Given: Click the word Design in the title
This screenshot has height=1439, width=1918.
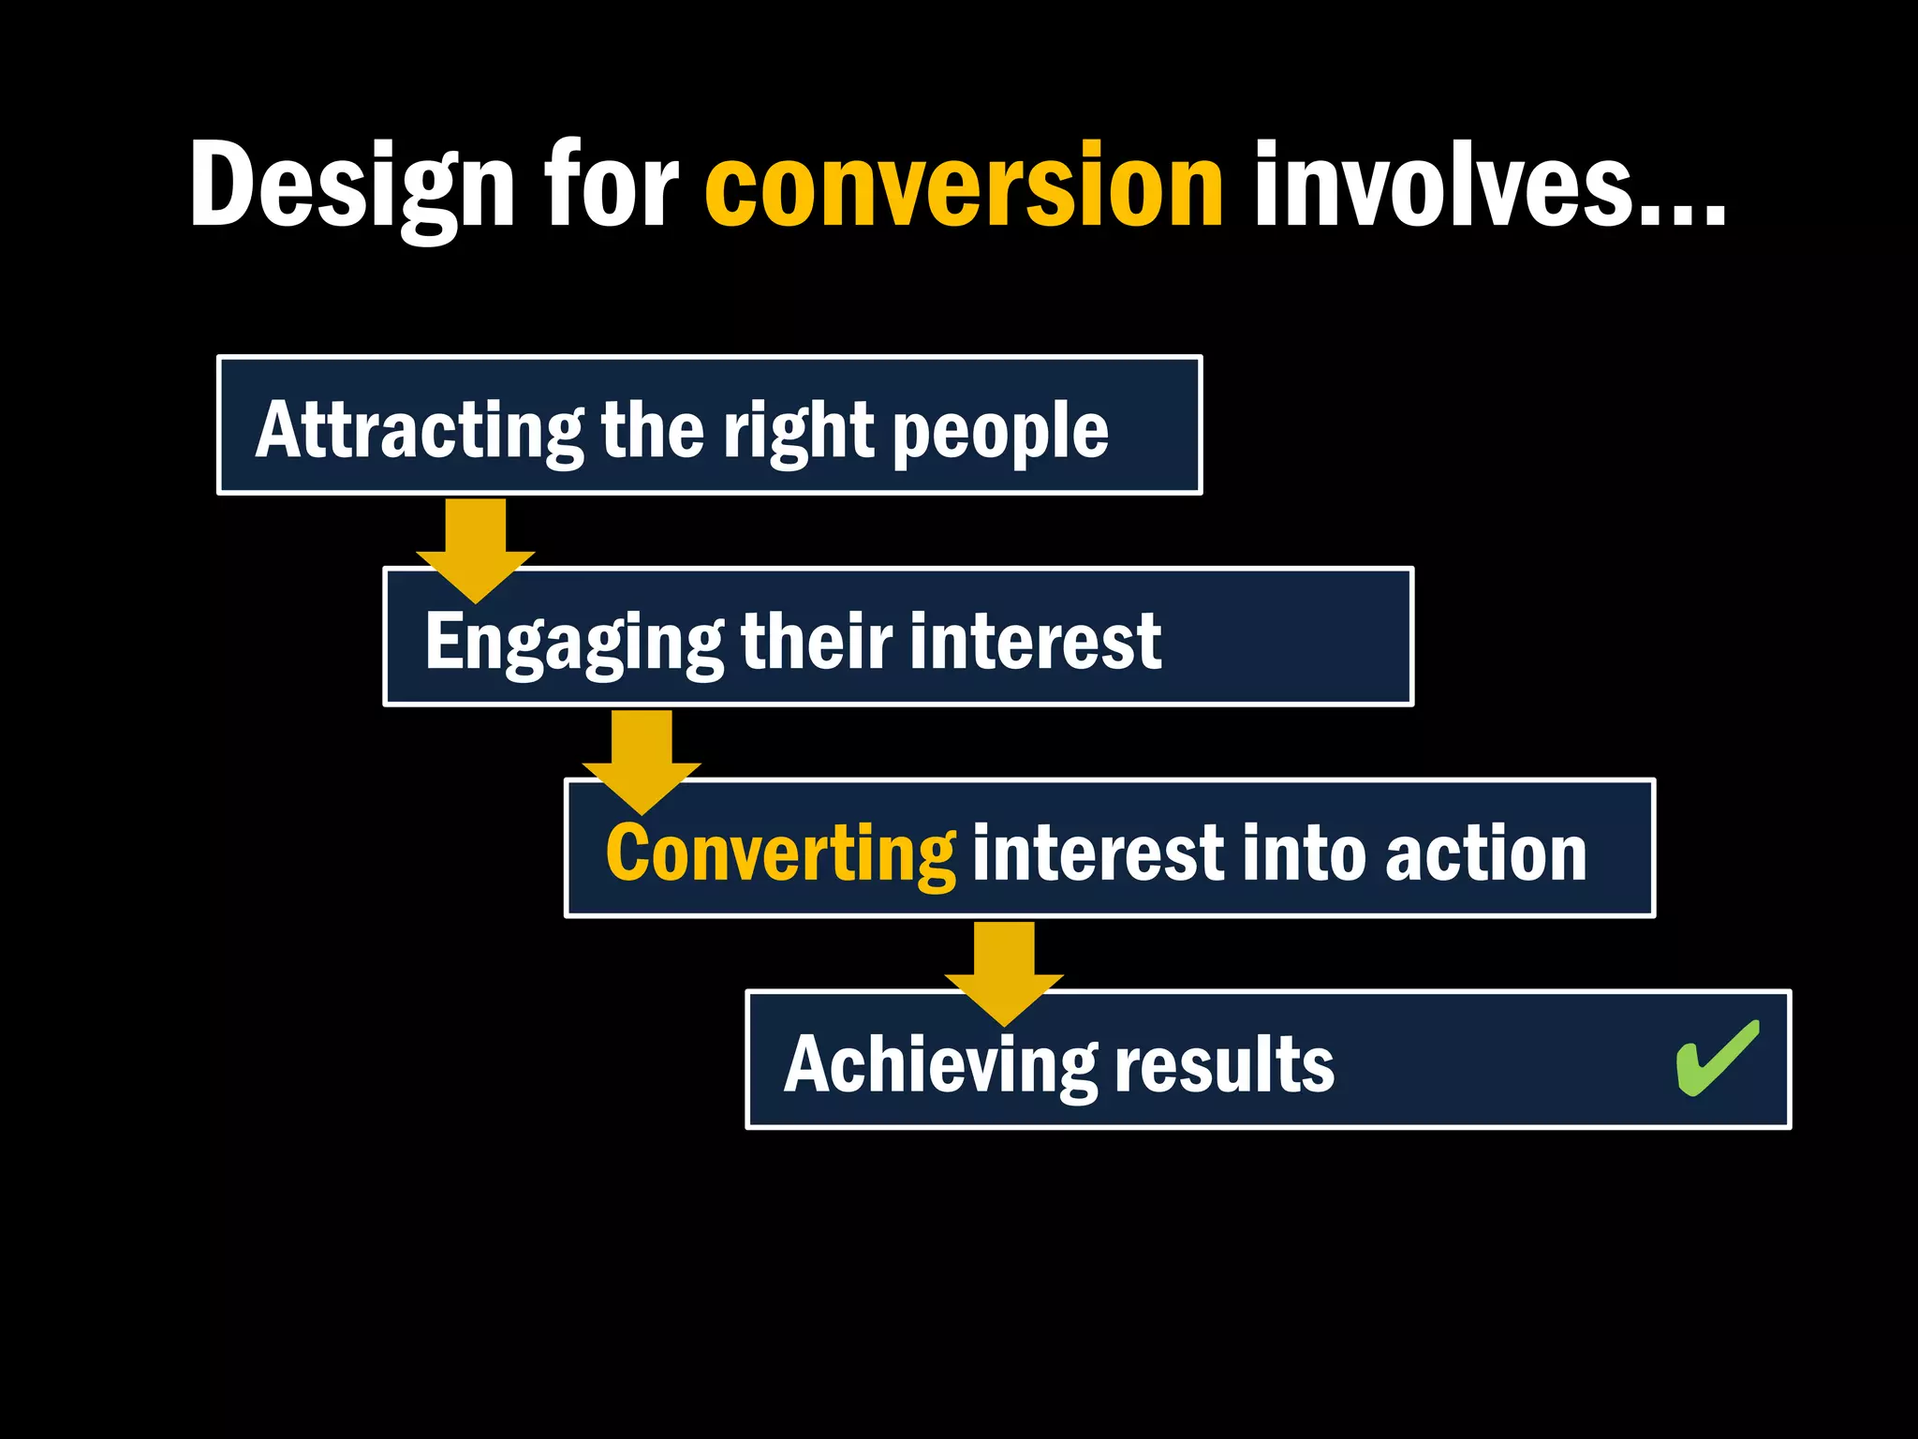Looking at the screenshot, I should tap(351, 185).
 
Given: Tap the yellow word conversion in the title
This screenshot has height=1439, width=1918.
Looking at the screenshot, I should tap(964, 185).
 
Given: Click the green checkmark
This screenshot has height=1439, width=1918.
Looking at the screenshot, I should tap(1717, 1058).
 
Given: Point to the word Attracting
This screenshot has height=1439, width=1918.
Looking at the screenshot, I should tap(420, 431).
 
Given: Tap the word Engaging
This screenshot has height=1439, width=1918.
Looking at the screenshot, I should tap(573, 643).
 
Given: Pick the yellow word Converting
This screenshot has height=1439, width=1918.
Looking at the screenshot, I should tap(780, 853).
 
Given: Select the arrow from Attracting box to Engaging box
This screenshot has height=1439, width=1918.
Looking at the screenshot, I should tap(476, 549).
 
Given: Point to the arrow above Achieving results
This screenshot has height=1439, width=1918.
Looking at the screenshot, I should tap(1004, 972).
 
